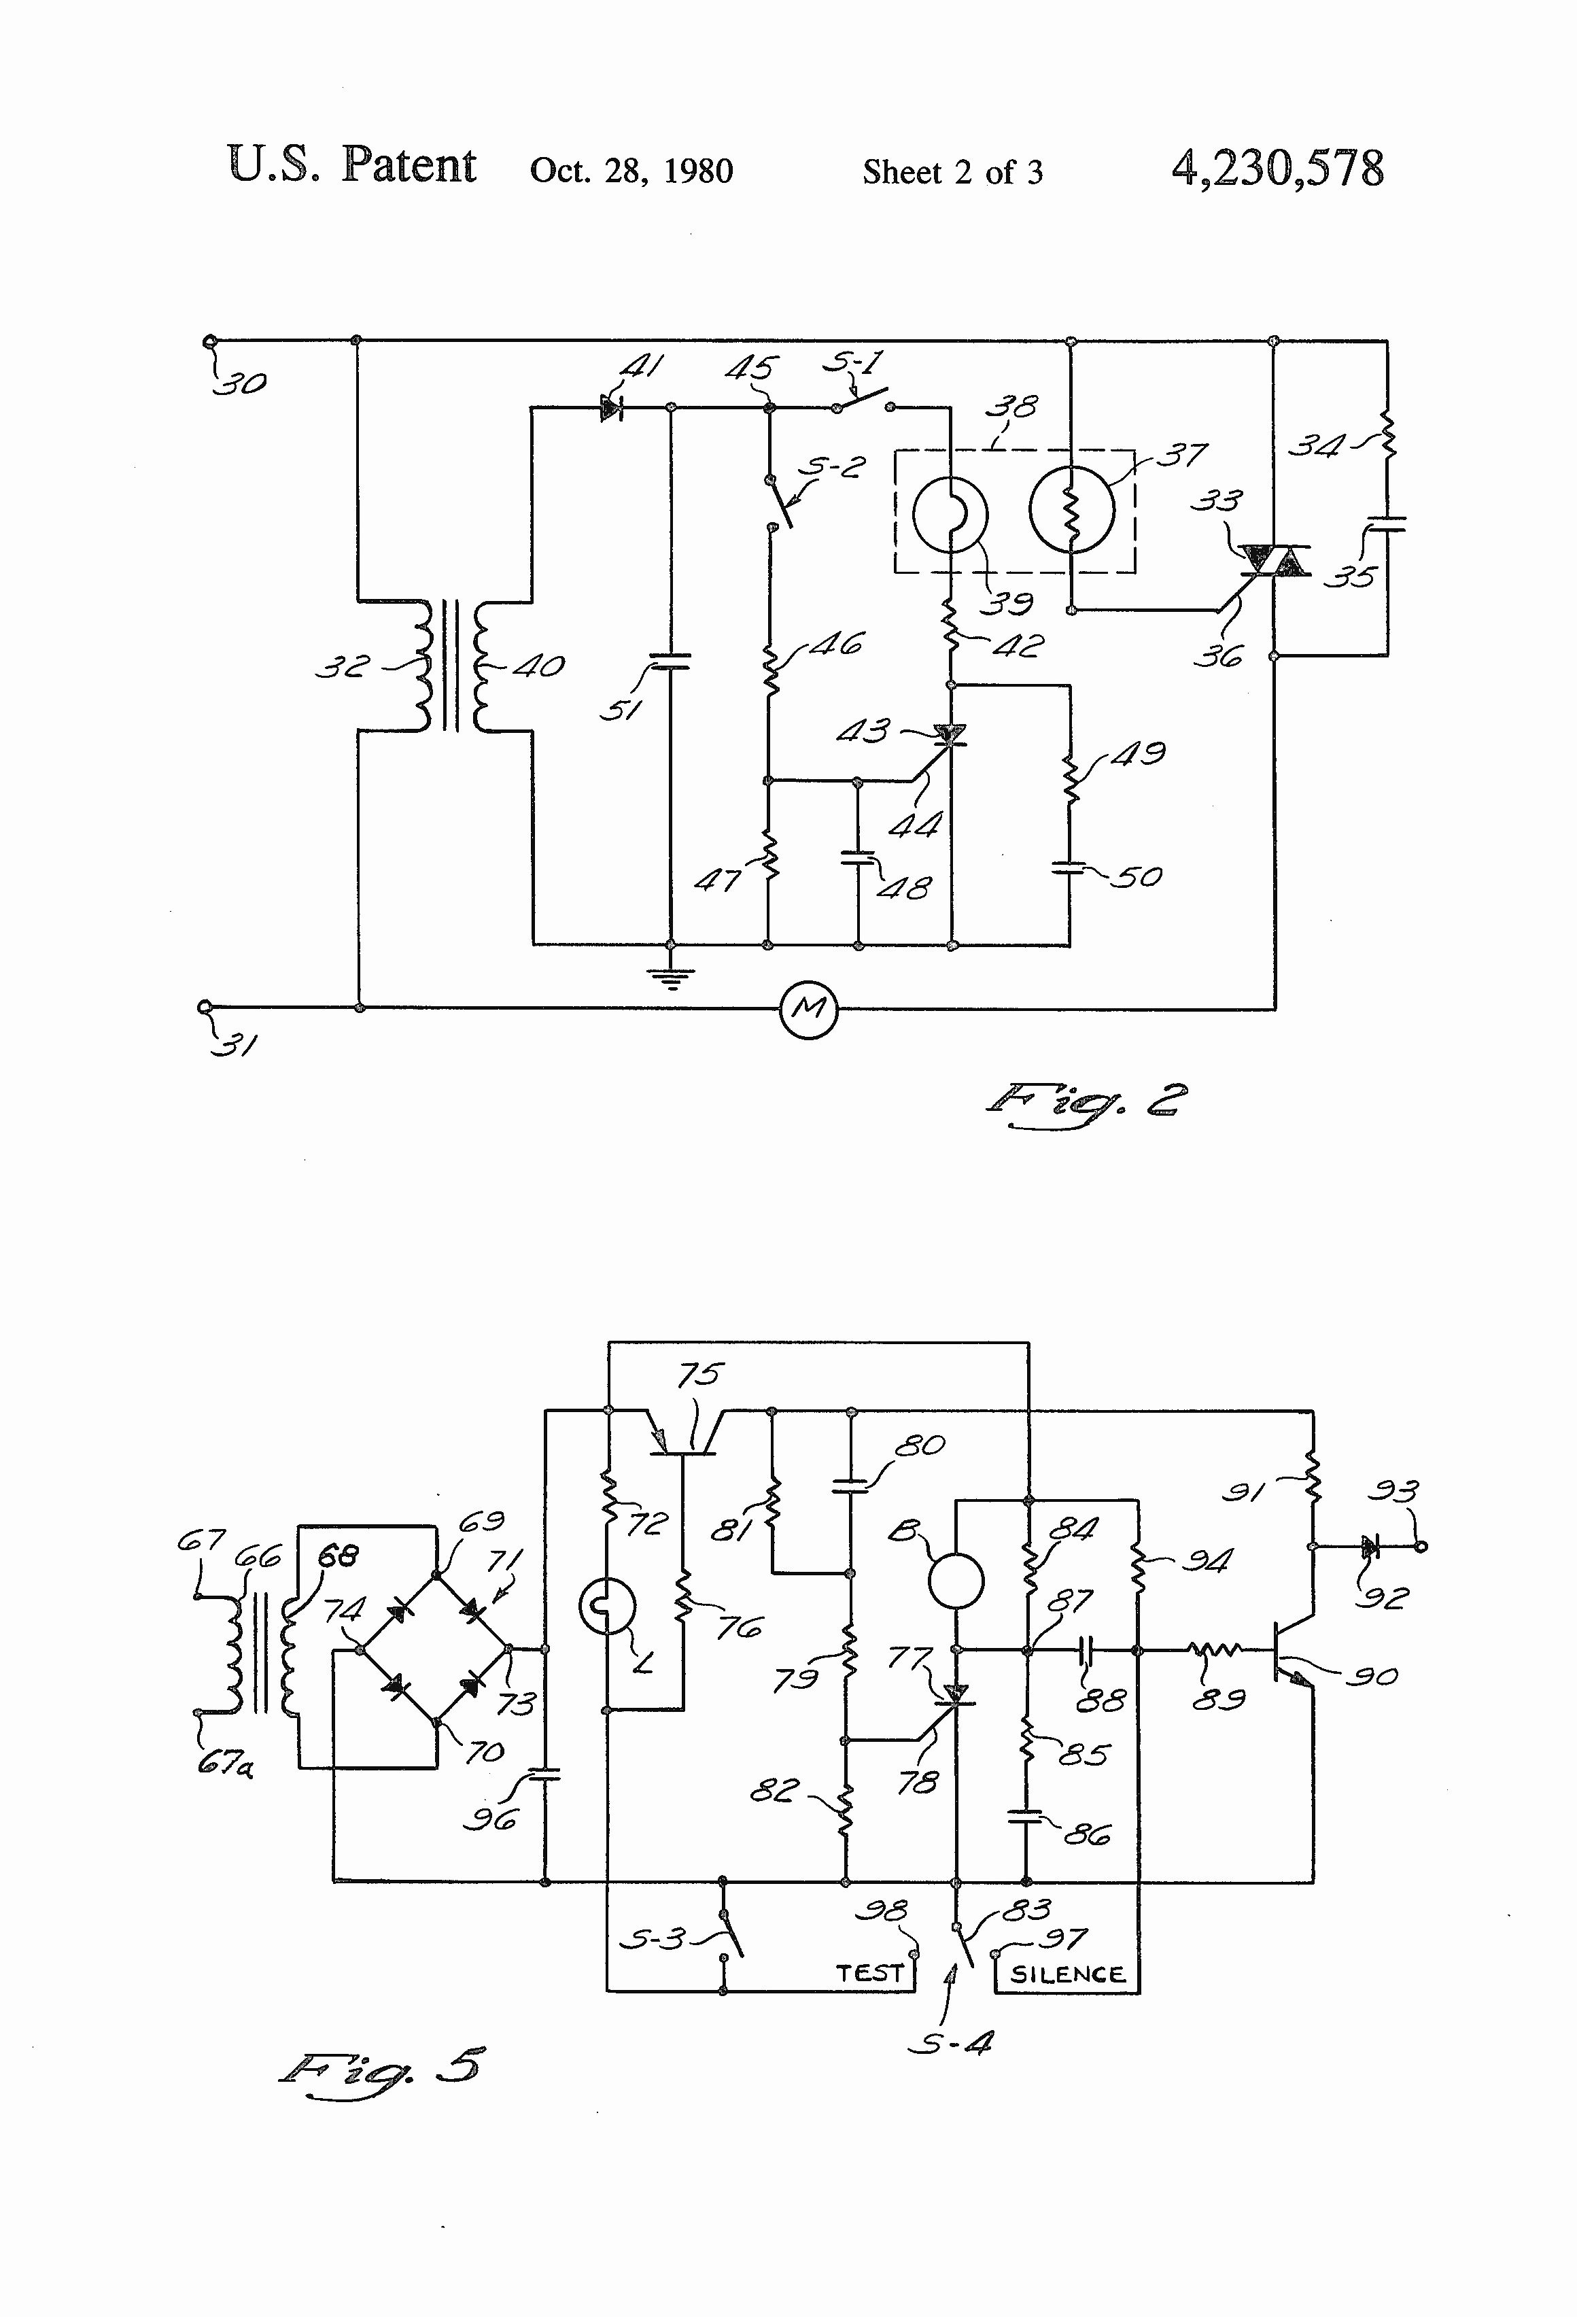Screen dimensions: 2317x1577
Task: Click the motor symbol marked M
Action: point(808,1009)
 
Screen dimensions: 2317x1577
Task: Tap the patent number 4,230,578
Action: point(1278,169)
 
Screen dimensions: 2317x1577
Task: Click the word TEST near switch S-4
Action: point(869,1973)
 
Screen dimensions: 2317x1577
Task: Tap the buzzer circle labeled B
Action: point(956,1580)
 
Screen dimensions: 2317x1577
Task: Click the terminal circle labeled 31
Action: point(205,1007)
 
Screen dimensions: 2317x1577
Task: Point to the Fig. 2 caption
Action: point(1086,1103)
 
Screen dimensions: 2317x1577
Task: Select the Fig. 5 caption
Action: point(382,2065)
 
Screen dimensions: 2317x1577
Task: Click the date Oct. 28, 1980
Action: point(631,171)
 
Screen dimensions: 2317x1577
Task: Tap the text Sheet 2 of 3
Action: point(952,173)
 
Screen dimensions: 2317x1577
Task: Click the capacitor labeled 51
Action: point(671,660)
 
